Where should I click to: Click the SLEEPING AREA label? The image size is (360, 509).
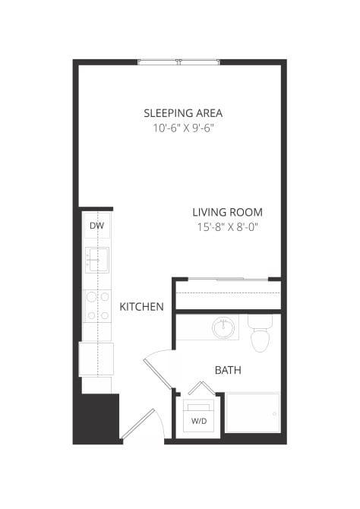pos(183,113)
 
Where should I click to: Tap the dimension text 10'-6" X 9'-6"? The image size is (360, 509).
pos(183,128)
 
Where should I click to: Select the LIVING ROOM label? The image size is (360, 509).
pos(227,212)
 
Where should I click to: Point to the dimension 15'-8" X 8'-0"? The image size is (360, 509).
pos(227,227)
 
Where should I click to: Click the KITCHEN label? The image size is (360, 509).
pos(142,307)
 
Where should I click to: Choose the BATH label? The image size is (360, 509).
pos(228,370)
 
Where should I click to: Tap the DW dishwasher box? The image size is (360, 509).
pos(96,226)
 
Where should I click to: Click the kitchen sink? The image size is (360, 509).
pos(96,261)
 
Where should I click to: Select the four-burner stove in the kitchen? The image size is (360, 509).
pos(96,305)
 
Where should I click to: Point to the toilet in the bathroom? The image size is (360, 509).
pos(261,335)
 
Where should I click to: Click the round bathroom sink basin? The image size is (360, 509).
pos(223,329)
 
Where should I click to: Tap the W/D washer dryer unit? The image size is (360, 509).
pos(199,418)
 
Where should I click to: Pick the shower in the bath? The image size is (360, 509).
pos(253,415)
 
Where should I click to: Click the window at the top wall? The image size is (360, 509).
pos(180,62)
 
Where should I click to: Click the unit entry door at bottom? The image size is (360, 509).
pos(138,425)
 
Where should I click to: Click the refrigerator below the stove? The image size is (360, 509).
pos(96,359)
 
